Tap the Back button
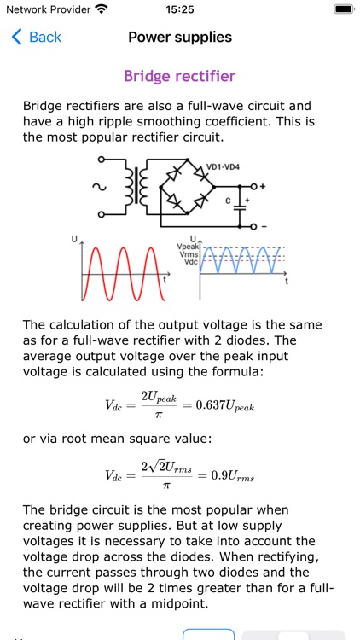[x=36, y=37]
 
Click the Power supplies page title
[x=180, y=37]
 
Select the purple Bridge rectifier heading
[x=180, y=76]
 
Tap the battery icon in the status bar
[x=343, y=9]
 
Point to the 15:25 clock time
[x=180, y=9]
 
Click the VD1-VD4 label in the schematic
[x=224, y=166]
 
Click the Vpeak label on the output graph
[x=187, y=247]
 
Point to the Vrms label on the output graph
[x=188, y=254]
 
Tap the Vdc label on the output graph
[x=190, y=262]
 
